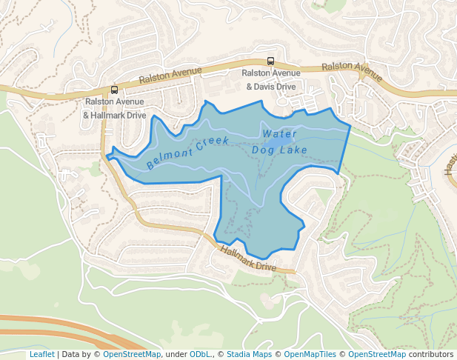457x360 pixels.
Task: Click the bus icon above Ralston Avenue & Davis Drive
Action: [x=271, y=61]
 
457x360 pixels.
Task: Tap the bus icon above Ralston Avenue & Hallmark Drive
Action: [x=114, y=90]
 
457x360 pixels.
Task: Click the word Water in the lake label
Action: [x=279, y=134]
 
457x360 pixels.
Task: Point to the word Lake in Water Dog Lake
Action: [x=294, y=150]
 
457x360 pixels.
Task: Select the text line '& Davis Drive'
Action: [x=270, y=87]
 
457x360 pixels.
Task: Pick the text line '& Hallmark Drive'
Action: [x=114, y=115]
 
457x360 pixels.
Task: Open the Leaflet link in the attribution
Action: [x=41, y=354]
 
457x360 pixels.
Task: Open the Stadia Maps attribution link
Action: [x=249, y=354]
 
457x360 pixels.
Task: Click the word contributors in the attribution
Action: [x=431, y=354]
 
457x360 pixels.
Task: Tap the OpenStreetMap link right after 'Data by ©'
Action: [x=132, y=354]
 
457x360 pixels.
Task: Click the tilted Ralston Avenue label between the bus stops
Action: [x=171, y=75]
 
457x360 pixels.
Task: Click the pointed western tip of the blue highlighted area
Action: [x=107, y=156]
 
